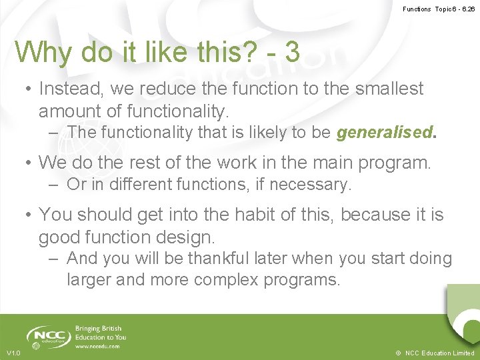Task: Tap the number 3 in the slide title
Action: [x=291, y=52]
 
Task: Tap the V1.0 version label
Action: [x=13, y=353]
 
